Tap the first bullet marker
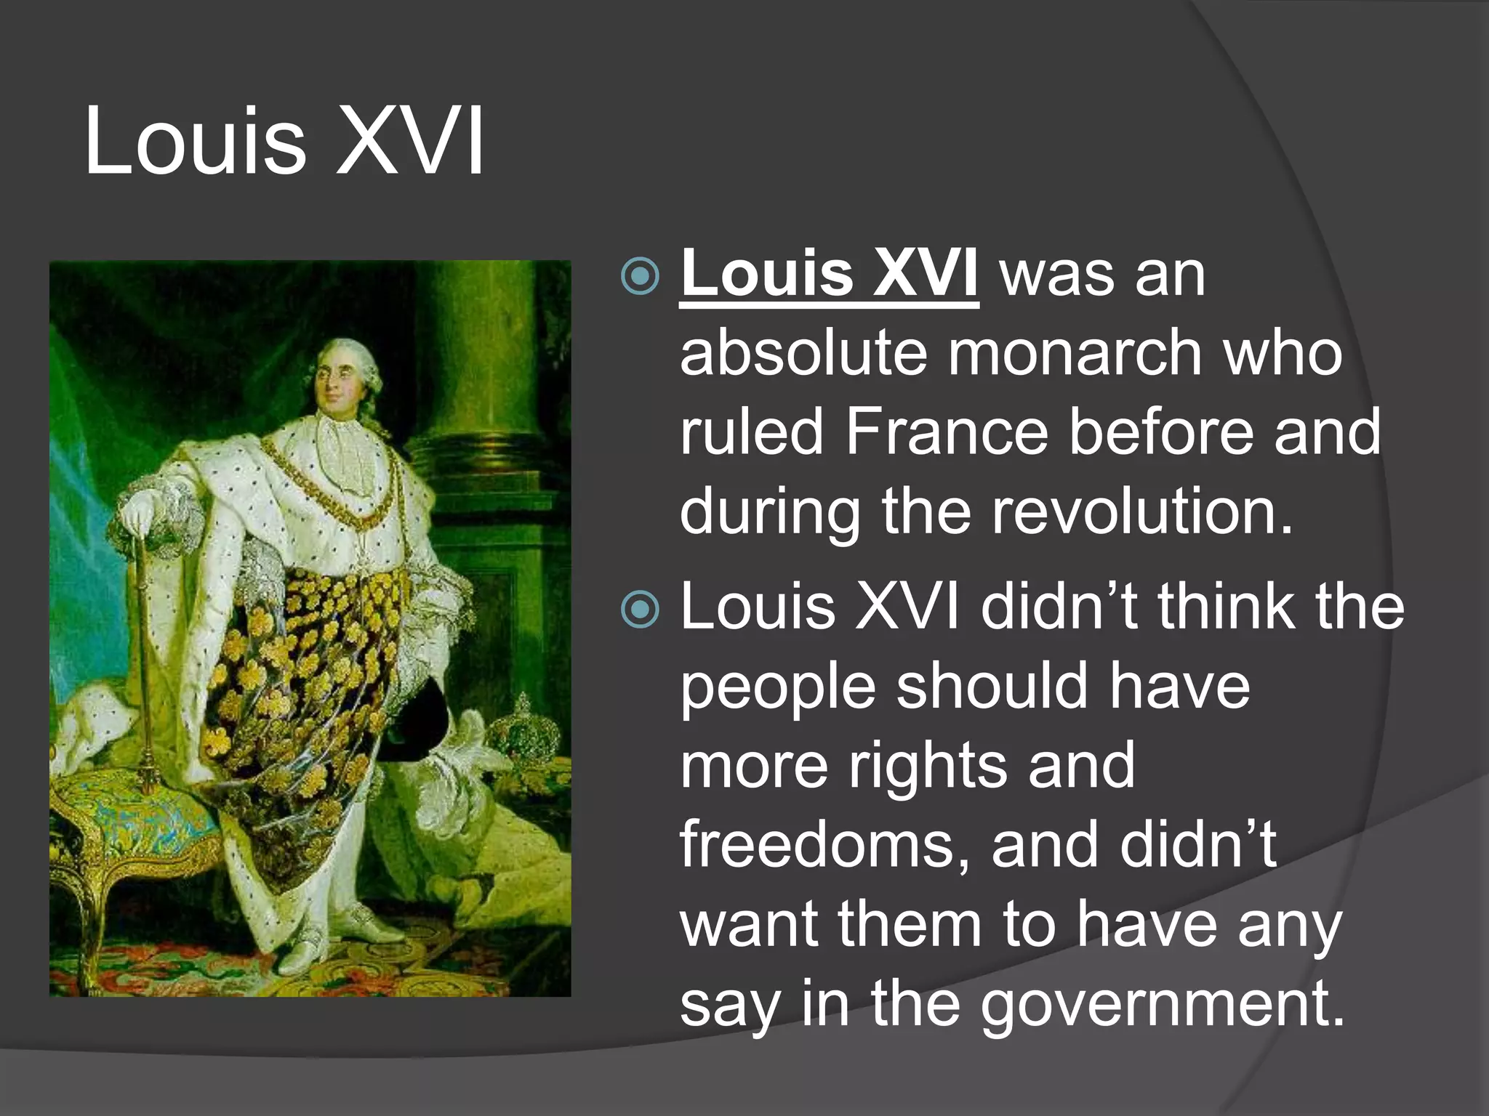(x=641, y=277)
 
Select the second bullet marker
(x=641, y=610)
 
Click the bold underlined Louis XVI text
(x=829, y=274)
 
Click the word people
(x=778, y=688)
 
